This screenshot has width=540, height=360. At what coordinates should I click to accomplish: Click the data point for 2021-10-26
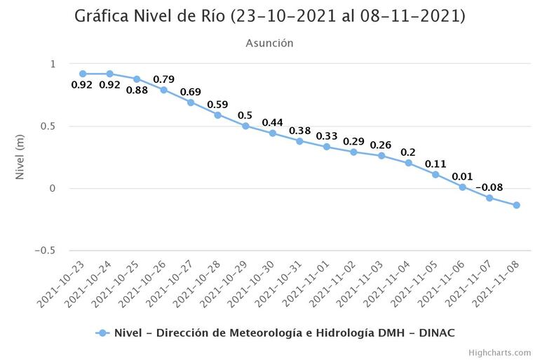[x=163, y=90]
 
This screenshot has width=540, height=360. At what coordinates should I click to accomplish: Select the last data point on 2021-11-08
[x=516, y=205]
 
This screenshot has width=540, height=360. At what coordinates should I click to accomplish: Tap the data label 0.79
[x=164, y=79]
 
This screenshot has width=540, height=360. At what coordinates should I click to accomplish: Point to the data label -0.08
[x=489, y=187]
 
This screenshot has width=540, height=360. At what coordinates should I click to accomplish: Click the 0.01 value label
[x=462, y=176]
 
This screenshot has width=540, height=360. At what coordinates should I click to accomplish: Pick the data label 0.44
[x=272, y=123]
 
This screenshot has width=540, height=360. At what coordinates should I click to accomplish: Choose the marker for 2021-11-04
[x=408, y=163]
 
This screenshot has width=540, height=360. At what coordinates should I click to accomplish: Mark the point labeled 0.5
[x=245, y=126]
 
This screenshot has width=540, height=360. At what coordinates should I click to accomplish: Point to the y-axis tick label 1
[x=52, y=65]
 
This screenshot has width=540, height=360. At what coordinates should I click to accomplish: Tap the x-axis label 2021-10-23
[x=62, y=286]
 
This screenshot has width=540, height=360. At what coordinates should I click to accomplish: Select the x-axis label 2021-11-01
[x=306, y=286]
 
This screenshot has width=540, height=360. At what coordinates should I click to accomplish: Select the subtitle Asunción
[x=269, y=44]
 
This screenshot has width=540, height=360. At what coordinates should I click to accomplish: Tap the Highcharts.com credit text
[x=499, y=352]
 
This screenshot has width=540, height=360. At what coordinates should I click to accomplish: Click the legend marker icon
[x=102, y=333]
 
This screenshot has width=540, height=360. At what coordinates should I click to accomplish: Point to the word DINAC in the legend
[x=438, y=333]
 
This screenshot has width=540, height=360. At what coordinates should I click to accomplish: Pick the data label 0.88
[x=137, y=90]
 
